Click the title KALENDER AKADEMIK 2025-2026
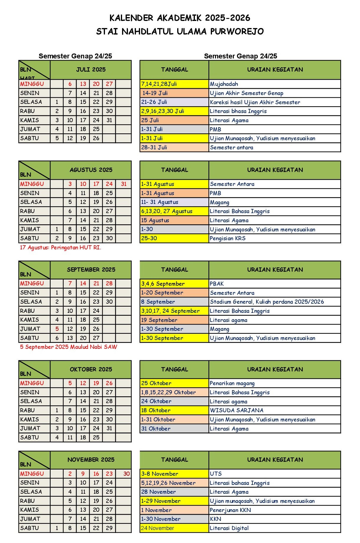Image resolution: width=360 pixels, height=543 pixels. [180, 18]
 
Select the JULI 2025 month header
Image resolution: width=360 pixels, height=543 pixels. [91, 70]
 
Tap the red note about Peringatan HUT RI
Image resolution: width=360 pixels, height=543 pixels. [60, 248]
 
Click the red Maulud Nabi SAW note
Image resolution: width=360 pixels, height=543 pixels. [68, 347]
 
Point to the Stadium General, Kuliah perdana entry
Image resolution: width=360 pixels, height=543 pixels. [267, 302]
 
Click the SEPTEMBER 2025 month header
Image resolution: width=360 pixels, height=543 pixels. [91, 270]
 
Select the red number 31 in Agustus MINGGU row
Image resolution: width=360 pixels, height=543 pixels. [124, 184]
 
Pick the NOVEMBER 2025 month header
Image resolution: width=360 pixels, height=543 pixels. [91, 460]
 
